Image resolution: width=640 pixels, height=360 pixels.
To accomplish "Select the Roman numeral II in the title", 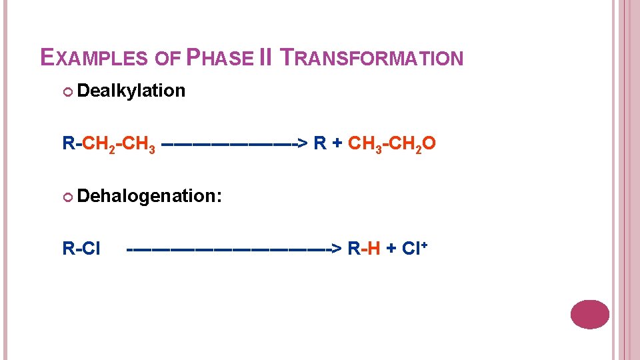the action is (265, 57).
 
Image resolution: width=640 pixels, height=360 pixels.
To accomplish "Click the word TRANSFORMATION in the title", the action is (371, 58).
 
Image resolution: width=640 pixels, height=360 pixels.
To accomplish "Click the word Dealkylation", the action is (131, 91).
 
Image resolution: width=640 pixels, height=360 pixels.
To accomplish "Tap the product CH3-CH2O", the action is (393, 143).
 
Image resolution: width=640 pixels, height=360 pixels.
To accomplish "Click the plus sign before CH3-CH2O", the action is (338, 143).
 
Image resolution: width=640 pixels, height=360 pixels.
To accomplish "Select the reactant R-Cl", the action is (81, 249).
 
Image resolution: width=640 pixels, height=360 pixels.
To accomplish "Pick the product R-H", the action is (364, 249).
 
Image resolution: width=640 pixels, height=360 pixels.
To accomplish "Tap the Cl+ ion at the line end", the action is (415, 248).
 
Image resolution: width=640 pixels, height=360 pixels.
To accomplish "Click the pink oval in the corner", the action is (590, 315).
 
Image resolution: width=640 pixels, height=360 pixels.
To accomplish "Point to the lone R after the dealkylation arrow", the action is (320, 143).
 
